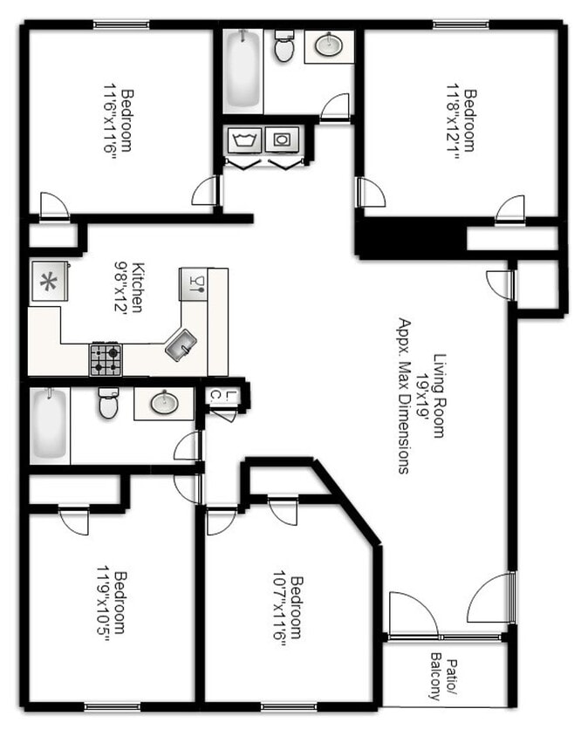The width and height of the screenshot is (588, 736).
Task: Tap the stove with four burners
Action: (x=106, y=359)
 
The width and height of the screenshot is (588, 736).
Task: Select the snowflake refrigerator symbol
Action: (x=44, y=283)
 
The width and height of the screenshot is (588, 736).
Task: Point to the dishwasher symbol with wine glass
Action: (x=195, y=283)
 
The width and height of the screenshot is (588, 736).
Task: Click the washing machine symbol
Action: (x=242, y=139)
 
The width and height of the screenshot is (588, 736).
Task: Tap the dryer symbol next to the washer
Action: (x=281, y=139)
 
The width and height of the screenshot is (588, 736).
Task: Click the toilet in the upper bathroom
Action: (x=284, y=47)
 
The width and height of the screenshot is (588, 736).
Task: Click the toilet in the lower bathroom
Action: (x=108, y=403)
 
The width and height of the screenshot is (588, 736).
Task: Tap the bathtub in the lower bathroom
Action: (x=49, y=426)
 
